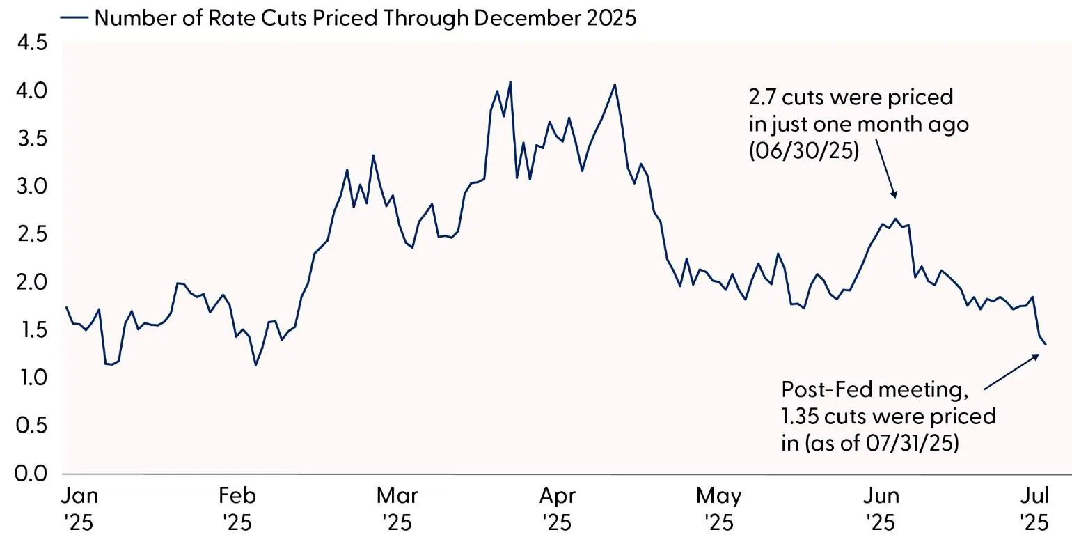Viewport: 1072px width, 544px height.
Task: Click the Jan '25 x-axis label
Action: tap(80, 508)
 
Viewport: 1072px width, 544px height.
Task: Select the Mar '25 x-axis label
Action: tap(397, 508)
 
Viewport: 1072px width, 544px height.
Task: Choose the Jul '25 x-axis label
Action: tap(1033, 508)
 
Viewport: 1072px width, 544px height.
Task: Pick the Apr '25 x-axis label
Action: tap(558, 508)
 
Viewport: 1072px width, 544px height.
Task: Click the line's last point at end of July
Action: tap(1046, 343)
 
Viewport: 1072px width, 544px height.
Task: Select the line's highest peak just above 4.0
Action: tap(510, 81)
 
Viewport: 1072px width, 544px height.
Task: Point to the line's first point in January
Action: tap(66, 307)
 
